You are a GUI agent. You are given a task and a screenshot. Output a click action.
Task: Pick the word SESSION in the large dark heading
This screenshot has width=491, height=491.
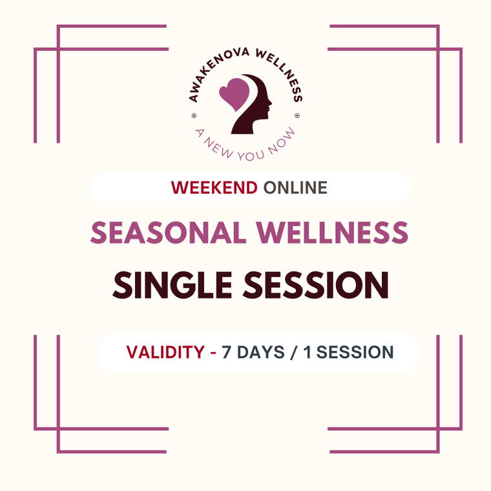tap(315, 286)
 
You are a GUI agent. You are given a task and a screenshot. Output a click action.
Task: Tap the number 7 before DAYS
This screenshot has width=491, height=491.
tap(226, 352)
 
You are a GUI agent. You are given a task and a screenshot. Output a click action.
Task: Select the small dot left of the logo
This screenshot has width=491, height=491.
tap(194, 117)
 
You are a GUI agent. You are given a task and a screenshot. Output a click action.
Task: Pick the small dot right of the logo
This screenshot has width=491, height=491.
tap(297, 117)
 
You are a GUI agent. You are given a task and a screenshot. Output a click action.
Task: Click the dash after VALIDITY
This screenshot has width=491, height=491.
tap(213, 353)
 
